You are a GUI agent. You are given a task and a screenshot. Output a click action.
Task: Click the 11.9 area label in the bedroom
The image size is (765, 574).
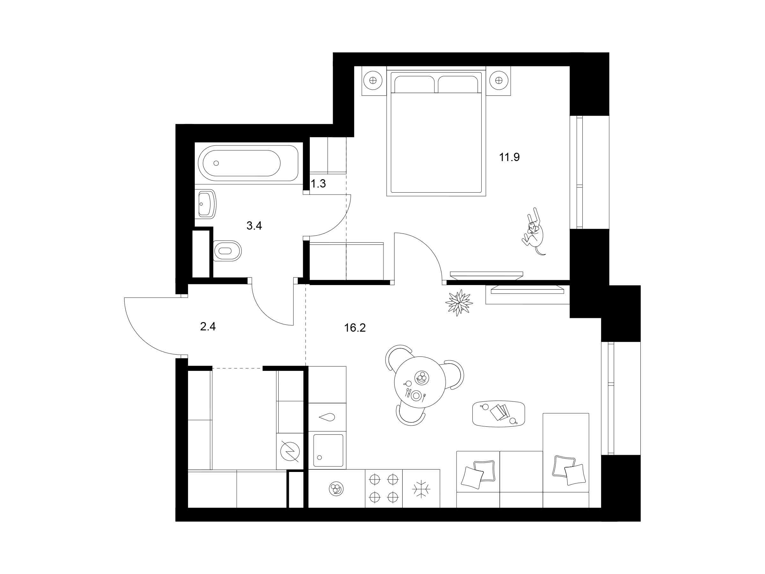(x=509, y=158)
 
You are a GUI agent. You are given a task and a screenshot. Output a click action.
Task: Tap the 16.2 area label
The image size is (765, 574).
(x=355, y=327)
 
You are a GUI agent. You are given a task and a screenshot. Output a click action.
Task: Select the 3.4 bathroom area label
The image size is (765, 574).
(x=254, y=226)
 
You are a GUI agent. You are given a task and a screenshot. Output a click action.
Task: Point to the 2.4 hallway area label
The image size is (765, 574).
(x=208, y=326)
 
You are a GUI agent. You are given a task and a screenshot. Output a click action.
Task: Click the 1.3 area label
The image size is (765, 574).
(x=318, y=184)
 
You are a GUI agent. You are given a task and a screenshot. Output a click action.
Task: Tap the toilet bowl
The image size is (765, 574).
(x=227, y=251)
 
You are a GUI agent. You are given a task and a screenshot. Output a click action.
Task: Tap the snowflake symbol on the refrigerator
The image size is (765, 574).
(x=421, y=489)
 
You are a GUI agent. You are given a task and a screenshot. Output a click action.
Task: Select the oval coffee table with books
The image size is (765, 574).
(x=498, y=414)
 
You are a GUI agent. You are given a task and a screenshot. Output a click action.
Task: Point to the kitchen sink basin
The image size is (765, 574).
(x=328, y=450)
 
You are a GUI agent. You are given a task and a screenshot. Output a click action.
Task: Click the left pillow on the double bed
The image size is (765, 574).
(x=414, y=85)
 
